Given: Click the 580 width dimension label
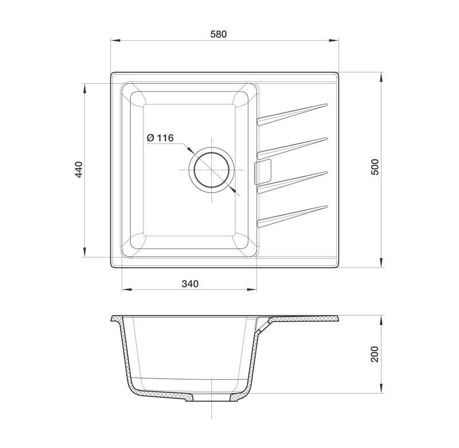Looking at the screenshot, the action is click(x=219, y=34).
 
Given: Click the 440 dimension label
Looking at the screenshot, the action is click(x=79, y=169).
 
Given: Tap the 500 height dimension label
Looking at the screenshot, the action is click(x=375, y=167).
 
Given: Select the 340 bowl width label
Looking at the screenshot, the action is click(x=190, y=283).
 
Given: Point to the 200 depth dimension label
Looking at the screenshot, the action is click(x=375, y=354).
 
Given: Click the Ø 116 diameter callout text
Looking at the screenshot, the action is click(x=160, y=138).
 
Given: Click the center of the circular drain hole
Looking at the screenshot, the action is click(x=211, y=170).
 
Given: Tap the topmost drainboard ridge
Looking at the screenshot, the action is click(x=292, y=114).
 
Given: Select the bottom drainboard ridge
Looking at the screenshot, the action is click(x=292, y=216).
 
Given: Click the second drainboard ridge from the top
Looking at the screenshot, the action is click(x=292, y=149).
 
